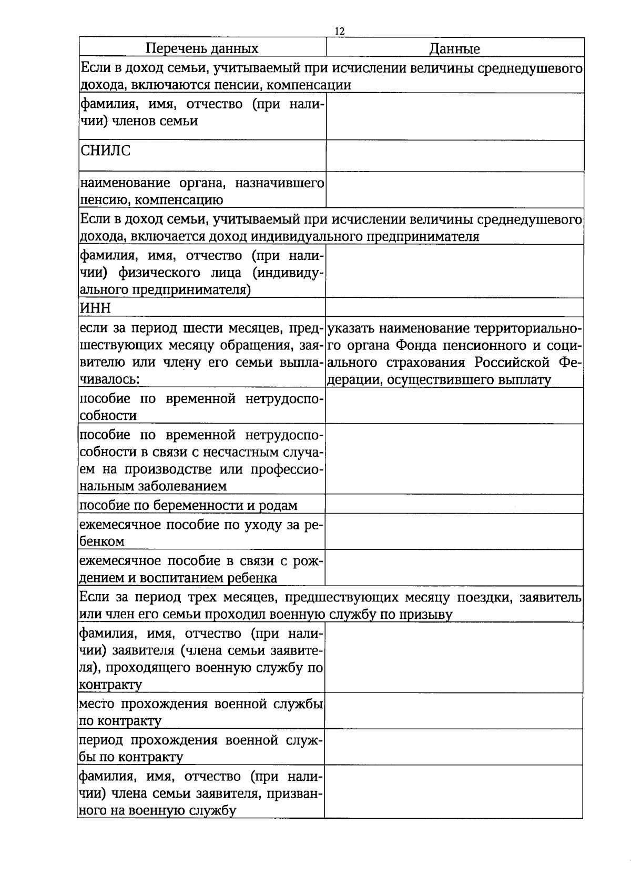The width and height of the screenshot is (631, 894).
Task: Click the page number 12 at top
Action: [339, 32]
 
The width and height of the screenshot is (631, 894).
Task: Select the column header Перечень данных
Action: [202, 49]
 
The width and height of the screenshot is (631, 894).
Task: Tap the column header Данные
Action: [455, 49]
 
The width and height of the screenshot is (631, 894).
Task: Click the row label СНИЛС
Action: [105, 151]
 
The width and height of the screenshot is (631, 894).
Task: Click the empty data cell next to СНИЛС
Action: [455, 156]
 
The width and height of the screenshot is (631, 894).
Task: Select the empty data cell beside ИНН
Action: [455, 307]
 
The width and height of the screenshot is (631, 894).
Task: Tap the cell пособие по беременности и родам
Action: [188, 506]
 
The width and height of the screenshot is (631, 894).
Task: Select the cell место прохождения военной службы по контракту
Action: [201, 712]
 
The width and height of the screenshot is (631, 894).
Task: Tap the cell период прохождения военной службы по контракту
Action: [201, 748]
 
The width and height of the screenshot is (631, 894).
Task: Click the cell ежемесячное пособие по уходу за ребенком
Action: [201, 533]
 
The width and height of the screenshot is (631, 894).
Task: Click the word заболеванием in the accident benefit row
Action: [185, 486]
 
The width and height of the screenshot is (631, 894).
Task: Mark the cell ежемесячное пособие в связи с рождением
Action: [201, 569]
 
